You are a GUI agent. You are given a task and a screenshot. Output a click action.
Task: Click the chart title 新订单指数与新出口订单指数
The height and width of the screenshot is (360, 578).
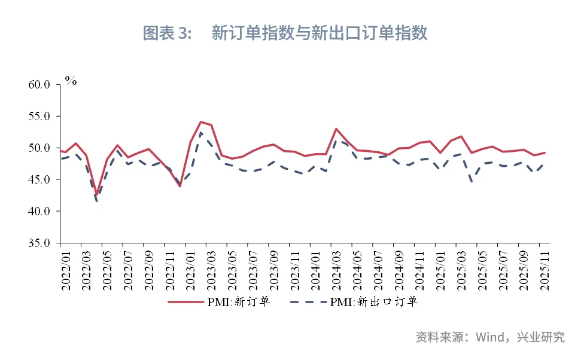[320, 33]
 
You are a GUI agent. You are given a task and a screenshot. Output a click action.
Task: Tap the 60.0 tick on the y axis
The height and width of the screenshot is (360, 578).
[41, 84]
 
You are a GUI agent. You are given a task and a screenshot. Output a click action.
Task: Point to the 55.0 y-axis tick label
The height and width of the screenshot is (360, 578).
[41, 116]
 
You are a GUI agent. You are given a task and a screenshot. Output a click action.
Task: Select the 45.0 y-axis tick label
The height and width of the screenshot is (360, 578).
[41, 179]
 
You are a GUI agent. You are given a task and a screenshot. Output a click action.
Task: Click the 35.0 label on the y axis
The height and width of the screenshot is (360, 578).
[41, 243]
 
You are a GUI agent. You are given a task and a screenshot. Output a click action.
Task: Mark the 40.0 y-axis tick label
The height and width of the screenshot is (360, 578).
[41, 211]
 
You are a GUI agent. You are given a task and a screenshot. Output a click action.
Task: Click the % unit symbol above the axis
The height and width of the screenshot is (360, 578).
[71, 81]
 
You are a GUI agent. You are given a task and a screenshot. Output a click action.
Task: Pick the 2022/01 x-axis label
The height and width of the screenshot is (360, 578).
[66, 269]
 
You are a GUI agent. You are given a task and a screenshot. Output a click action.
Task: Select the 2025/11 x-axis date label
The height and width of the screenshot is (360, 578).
[545, 269]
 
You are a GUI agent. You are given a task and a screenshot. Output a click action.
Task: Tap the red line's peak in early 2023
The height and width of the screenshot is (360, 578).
[200, 122]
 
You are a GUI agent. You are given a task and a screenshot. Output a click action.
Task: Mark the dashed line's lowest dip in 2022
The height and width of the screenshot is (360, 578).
[96, 202]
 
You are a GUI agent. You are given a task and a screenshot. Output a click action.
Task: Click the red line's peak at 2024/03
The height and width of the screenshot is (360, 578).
[336, 129]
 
